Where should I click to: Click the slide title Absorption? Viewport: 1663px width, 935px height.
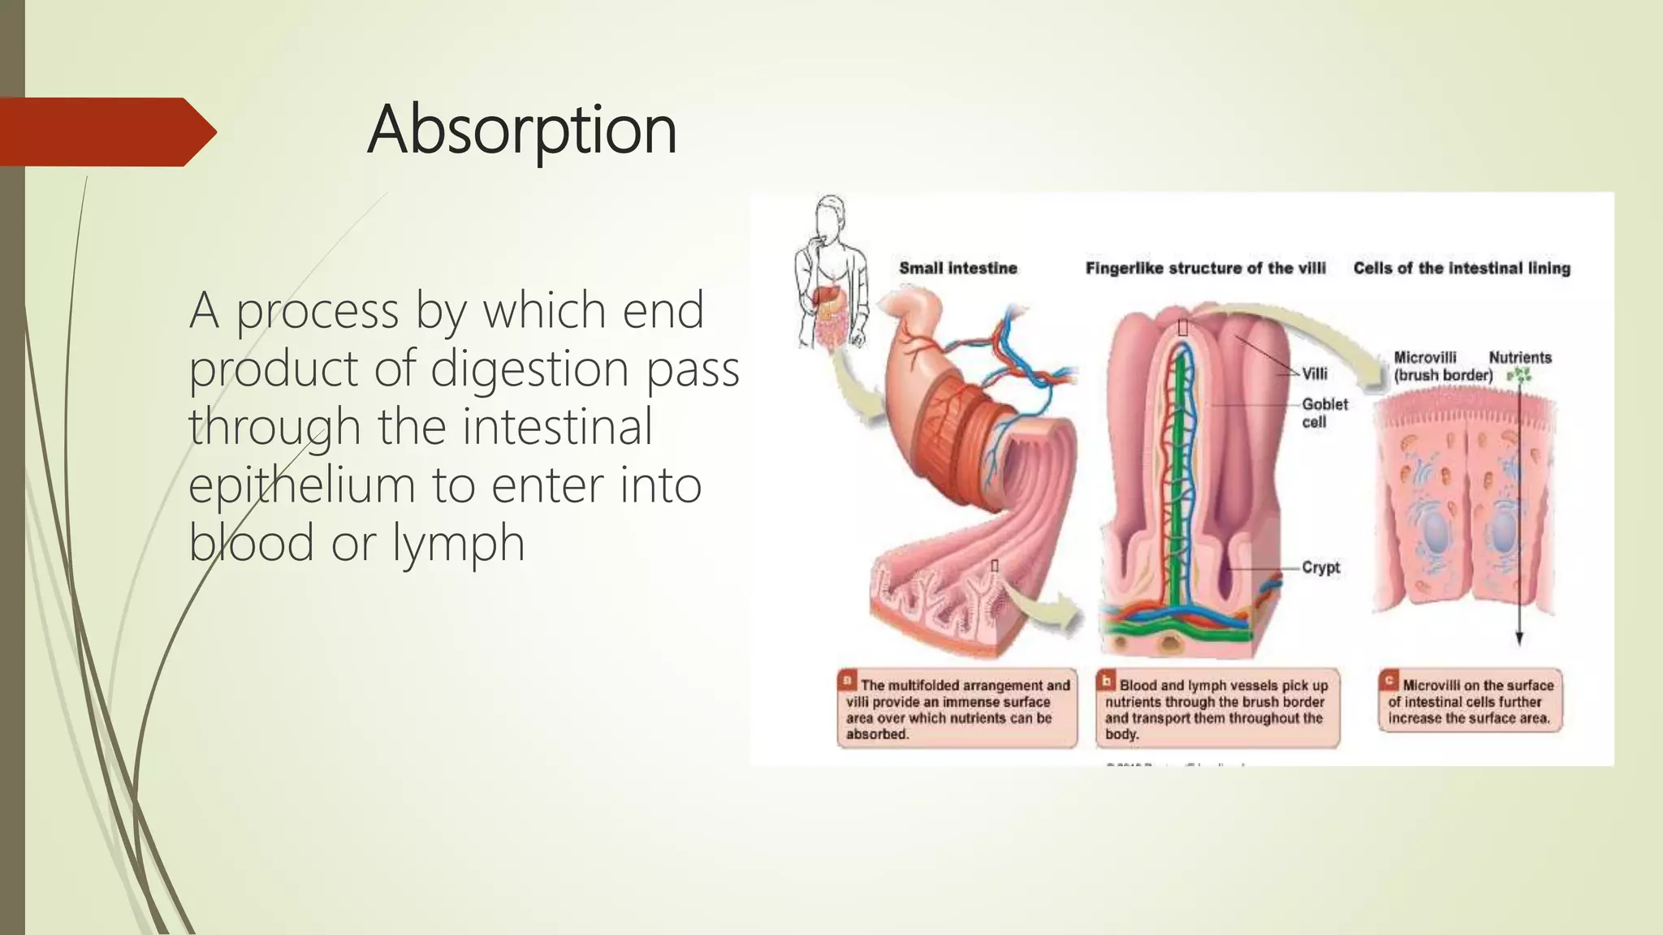coord(521,130)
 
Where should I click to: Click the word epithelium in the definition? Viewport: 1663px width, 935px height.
coord(296,485)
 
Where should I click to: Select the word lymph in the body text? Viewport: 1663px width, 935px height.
coord(459,543)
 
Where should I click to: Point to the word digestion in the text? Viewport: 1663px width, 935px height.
coord(530,368)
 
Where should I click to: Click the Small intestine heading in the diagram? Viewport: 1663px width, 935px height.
coord(957,269)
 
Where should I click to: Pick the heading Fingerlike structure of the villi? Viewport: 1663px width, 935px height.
coord(1205,269)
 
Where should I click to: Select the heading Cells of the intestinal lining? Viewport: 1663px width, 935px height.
coord(1462,269)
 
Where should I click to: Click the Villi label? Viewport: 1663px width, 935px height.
coord(1315,374)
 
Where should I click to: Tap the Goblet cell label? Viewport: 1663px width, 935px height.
coord(1324,413)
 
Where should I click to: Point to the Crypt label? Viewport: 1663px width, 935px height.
coord(1320,567)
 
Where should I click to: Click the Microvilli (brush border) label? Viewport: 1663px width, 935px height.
coord(1442,366)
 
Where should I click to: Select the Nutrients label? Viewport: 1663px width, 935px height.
coord(1520,358)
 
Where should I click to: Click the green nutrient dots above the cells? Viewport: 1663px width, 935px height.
coord(1519,376)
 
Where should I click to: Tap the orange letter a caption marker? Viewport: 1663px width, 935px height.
coord(848,680)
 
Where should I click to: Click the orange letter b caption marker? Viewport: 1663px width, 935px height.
coord(1106,680)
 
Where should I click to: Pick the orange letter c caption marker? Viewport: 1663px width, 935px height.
coord(1389,680)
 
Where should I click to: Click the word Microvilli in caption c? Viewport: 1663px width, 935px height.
coord(1431,686)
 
